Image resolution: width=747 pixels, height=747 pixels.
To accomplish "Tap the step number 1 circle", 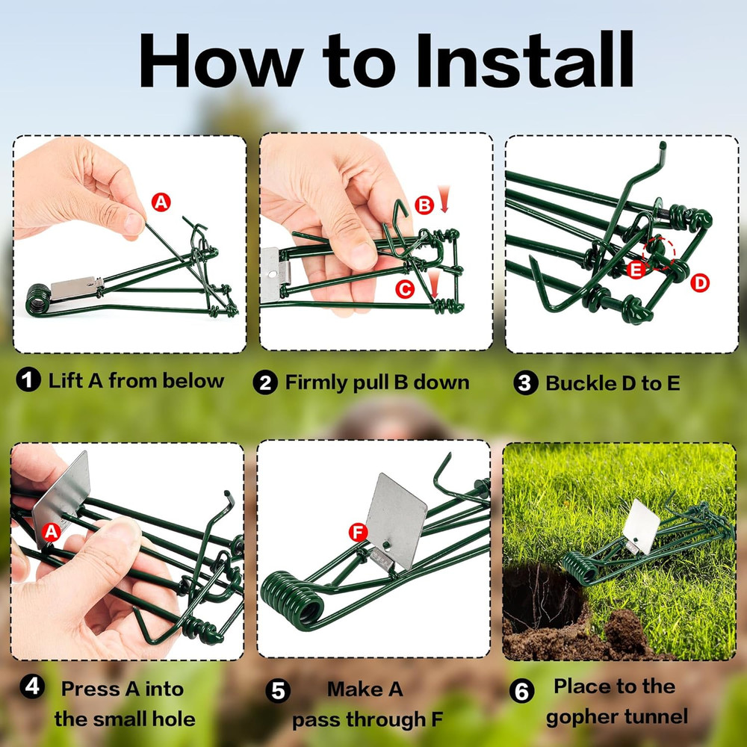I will [x=28, y=381].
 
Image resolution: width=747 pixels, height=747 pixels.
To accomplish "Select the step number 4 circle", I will [x=31, y=686].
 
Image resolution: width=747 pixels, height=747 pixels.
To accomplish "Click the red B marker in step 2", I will [x=424, y=205].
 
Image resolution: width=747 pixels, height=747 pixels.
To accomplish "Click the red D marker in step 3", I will [x=701, y=282].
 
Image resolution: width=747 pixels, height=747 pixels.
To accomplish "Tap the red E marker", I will [x=636, y=270].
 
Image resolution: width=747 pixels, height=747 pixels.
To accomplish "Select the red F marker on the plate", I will [x=359, y=533].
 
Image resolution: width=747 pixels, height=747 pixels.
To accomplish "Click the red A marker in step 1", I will [x=161, y=200].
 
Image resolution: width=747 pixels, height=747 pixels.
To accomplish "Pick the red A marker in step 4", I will [x=51, y=532].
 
